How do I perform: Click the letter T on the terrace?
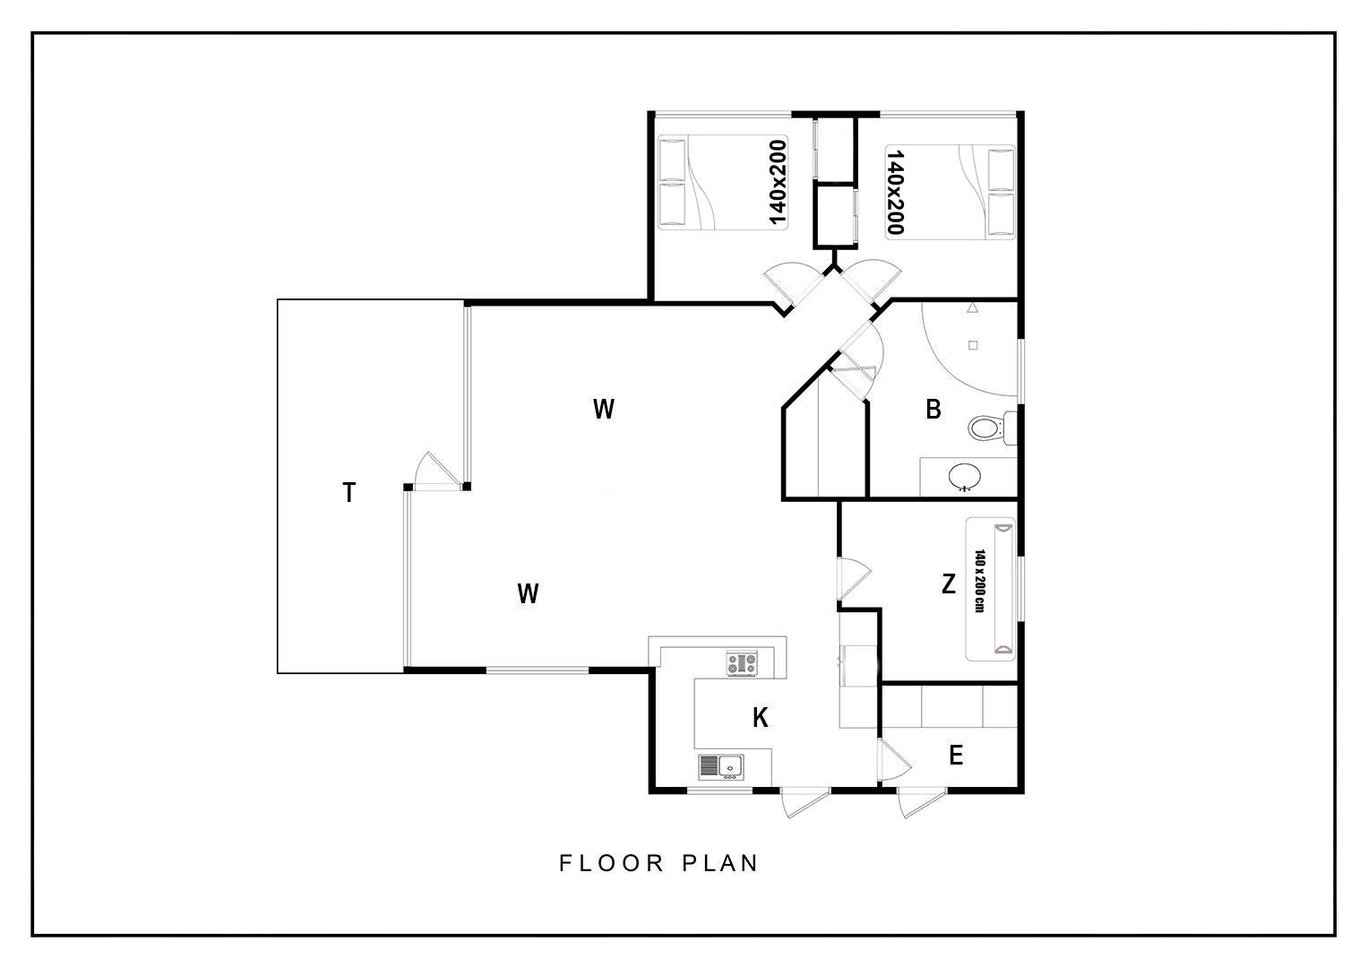click(x=348, y=493)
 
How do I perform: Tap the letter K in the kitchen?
click(x=761, y=717)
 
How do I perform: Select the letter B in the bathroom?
click(x=934, y=410)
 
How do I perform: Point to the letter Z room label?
click(x=949, y=584)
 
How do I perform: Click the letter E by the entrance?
click(x=957, y=756)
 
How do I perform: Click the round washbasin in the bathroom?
click(x=965, y=476)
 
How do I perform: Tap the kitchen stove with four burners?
click(x=742, y=663)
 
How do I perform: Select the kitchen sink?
click(x=721, y=767)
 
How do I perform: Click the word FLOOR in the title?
click(x=611, y=863)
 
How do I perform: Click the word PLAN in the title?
click(x=720, y=863)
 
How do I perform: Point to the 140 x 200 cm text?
click(x=979, y=581)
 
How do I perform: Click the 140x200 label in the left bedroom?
click(x=778, y=183)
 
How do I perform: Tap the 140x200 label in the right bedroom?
click(x=895, y=192)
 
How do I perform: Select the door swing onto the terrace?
click(x=436, y=471)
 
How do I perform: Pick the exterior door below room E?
click(x=922, y=802)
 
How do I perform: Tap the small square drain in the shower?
click(x=973, y=345)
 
